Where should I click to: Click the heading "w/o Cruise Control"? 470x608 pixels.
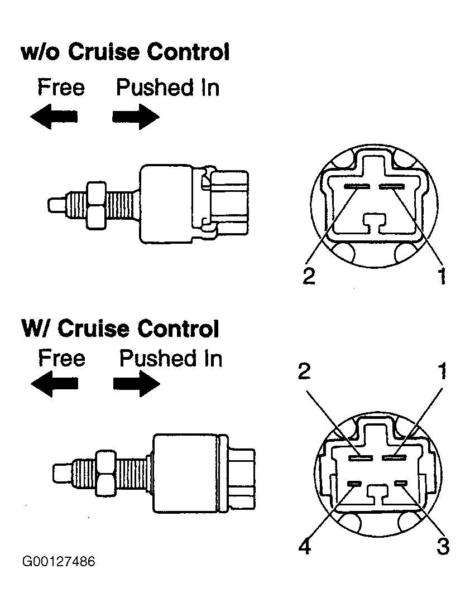pyautogui.click(x=125, y=52)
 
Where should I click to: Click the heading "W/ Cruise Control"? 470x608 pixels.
pyautogui.click(x=121, y=329)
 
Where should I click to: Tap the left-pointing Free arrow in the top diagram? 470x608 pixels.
pyautogui.click(x=54, y=117)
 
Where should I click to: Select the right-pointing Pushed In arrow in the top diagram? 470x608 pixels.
pyautogui.click(x=136, y=117)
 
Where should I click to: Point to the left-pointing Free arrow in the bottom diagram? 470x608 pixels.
pyautogui.click(x=54, y=384)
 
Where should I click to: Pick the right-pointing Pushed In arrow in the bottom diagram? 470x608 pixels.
pyautogui.click(x=137, y=384)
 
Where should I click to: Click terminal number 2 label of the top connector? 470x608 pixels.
pyautogui.click(x=309, y=276)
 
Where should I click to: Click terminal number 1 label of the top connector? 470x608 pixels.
pyautogui.click(x=442, y=276)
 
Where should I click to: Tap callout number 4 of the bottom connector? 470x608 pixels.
pyautogui.click(x=305, y=546)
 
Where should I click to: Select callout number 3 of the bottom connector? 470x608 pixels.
pyautogui.click(x=443, y=546)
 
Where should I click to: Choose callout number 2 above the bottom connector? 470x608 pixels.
pyautogui.click(x=304, y=371)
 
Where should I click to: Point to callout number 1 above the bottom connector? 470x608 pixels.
pyautogui.click(x=442, y=371)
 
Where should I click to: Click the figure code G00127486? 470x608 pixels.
pyautogui.click(x=59, y=562)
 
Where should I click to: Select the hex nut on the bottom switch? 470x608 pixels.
pyautogui.click(x=105, y=472)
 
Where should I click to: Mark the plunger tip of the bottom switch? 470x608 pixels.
pyautogui.click(x=62, y=472)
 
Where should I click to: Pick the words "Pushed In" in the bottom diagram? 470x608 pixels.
pyautogui.click(x=171, y=358)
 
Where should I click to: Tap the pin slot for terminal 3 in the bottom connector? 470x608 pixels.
pyautogui.click(x=400, y=483)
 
